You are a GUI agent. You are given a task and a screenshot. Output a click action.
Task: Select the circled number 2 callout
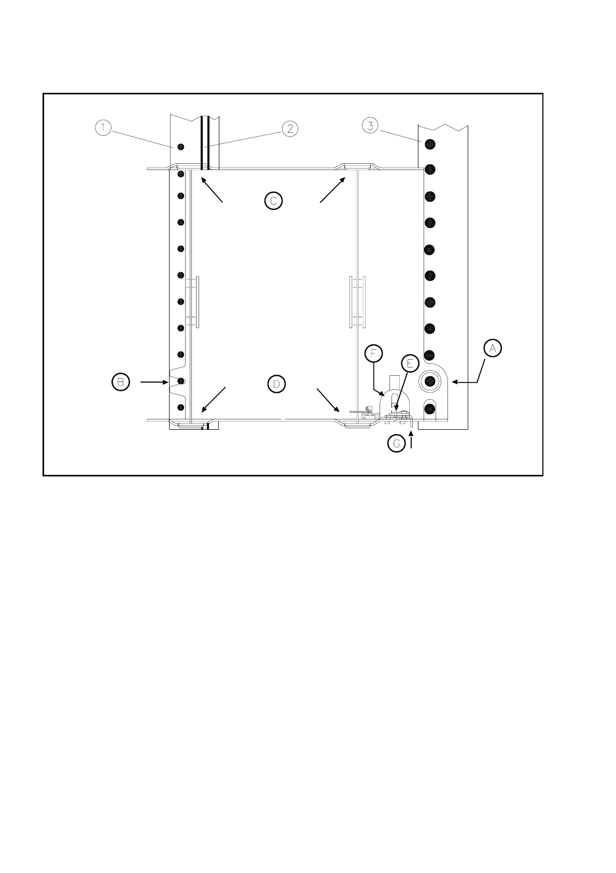(x=289, y=128)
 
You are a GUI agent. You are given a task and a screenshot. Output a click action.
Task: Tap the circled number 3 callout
(x=369, y=125)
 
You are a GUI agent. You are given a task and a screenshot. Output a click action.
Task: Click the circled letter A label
(x=493, y=349)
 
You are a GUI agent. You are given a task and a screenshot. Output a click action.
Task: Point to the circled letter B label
(x=120, y=382)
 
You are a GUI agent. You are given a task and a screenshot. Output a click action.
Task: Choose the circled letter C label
(x=273, y=200)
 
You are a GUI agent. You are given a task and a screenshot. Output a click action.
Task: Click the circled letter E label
(x=409, y=363)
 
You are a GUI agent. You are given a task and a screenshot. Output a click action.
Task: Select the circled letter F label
(x=373, y=353)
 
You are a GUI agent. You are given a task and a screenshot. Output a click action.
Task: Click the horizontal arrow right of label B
(x=153, y=383)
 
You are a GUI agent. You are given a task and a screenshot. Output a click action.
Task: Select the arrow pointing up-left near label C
(x=212, y=190)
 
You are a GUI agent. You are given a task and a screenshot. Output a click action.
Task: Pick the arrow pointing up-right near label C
(x=332, y=190)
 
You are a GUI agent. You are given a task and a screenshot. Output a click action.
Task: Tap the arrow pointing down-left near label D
(x=214, y=400)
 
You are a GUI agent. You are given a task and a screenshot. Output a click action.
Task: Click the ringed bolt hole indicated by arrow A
(x=429, y=382)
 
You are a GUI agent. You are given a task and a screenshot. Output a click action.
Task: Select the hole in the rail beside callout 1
(x=180, y=147)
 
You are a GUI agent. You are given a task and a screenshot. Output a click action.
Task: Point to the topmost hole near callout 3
(x=429, y=143)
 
